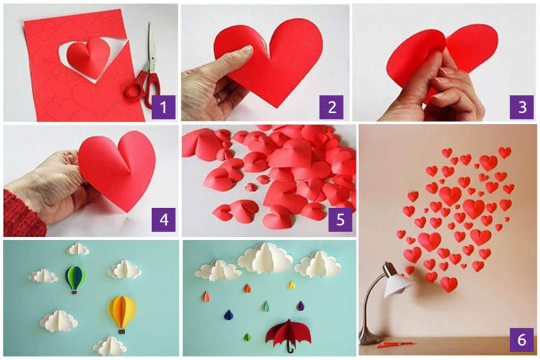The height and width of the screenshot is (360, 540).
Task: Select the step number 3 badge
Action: [x=520, y=107]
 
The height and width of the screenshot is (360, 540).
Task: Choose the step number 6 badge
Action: [x=520, y=340]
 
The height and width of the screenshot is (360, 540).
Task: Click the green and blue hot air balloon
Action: [x=75, y=277]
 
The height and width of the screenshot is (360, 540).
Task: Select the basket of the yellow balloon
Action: [x=122, y=330]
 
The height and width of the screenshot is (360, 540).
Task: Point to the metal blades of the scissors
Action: [x=151, y=47]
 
